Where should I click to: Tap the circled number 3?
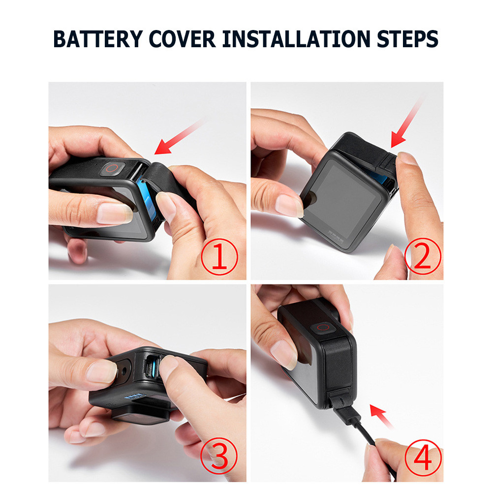click(x=220, y=457)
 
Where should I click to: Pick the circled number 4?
click(x=422, y=457)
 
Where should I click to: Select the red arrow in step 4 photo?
click(x=383, y=416)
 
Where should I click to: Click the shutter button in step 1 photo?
click(x=112, y=168)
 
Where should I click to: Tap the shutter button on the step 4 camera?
click(x=323, y=327)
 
